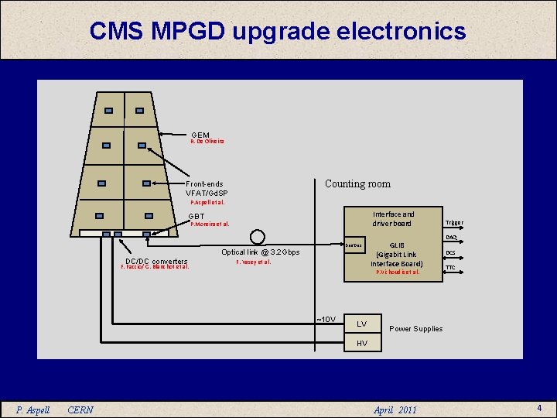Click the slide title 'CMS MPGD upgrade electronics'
[278, 31]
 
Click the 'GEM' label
[200, 135]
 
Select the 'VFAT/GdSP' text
[207, 193]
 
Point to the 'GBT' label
[197, 217]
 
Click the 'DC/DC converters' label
[156, 261]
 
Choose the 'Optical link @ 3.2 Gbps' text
[260, 252]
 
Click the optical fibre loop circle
[258, 237]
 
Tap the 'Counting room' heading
[357, 184]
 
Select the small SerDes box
[354, 245]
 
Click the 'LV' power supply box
[361, 324]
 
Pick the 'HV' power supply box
[361, 343]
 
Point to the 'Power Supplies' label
[415, 329]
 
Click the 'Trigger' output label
[454, 223]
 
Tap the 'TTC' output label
[450, 268]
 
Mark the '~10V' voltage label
[326, 319]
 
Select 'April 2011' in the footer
[395, 409]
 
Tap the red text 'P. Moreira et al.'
[210, 225]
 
